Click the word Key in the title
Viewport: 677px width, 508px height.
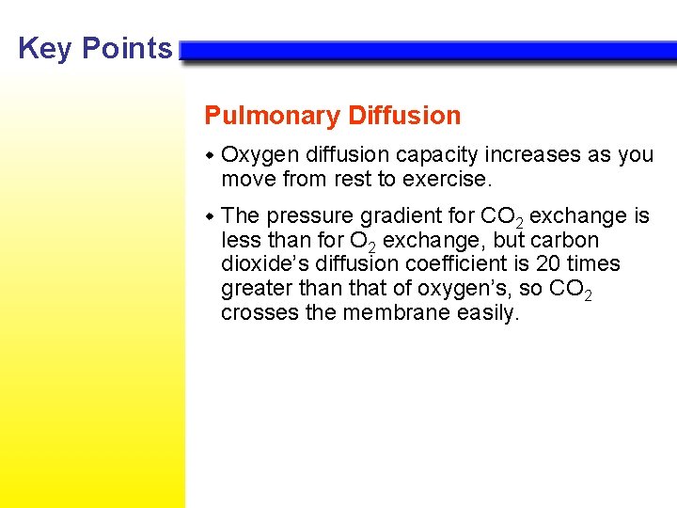pos(45,48)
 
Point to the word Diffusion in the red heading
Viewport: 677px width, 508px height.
pos(404,116)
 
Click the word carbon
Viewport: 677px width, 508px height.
pos(566,240)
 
